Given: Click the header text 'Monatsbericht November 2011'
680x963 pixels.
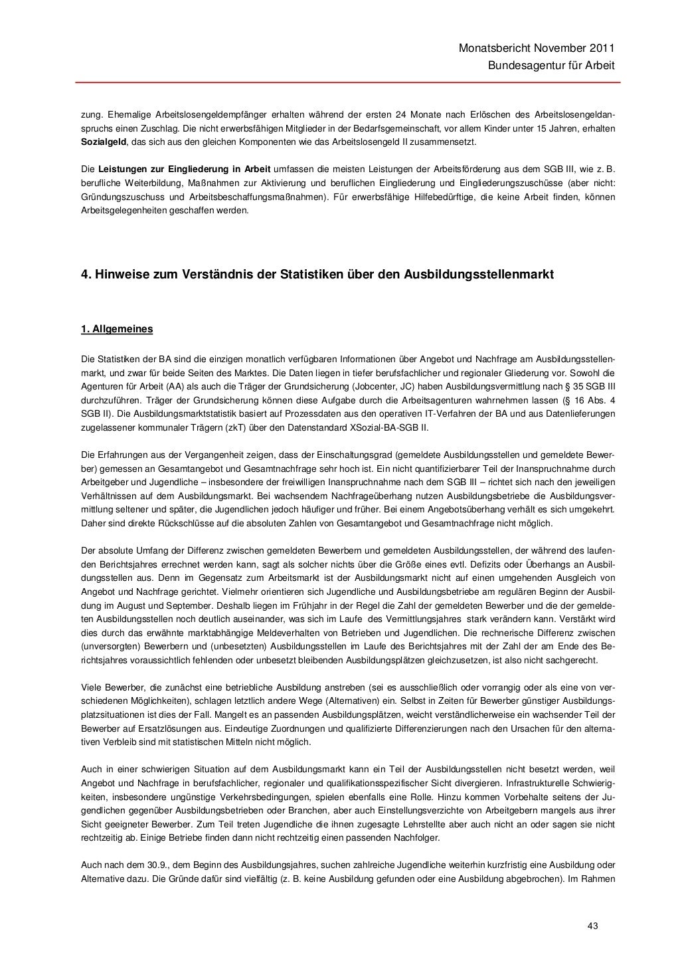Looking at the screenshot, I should click(537, 49).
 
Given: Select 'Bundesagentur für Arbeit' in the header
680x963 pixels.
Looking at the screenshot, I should click(551, 66).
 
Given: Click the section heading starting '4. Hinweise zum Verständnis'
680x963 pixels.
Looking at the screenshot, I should click(317, 274).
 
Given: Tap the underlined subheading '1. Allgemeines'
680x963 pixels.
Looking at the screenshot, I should click(117, 329).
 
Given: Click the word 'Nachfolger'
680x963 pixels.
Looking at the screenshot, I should click(414, 838).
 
